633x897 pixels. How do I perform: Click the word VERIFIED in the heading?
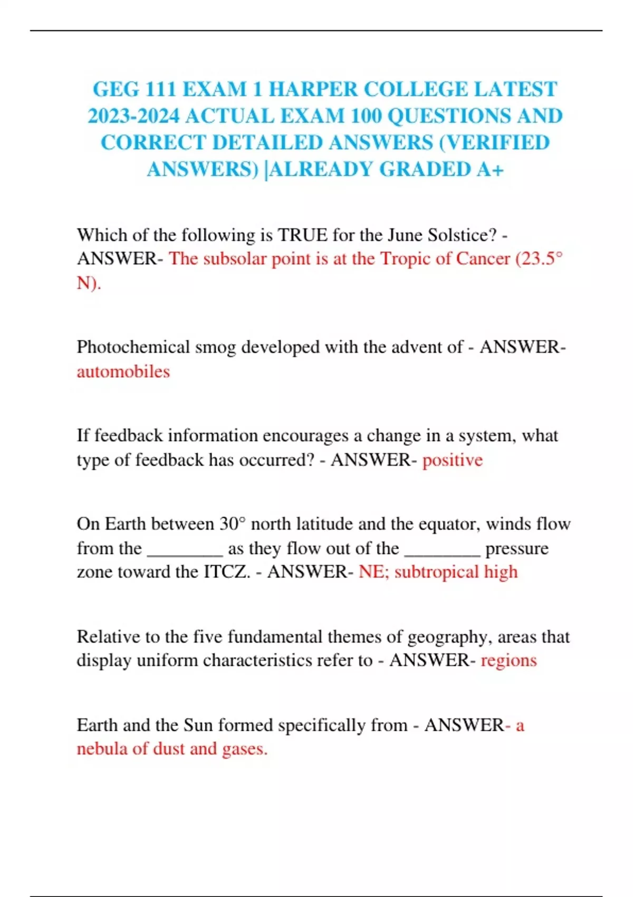pyautogui.click(x=498, y=142)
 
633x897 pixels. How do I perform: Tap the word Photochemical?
pyautogui.click(x=133, y=347)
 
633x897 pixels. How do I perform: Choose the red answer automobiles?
pyautogui.click(x=123, y=371)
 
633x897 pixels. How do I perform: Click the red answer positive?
pyautogui.click(x=452, y=460)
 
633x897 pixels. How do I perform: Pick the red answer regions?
pyautogui.click(x=509, y=660)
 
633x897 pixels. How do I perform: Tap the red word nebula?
pyautogui.click(x=102, y=749)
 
